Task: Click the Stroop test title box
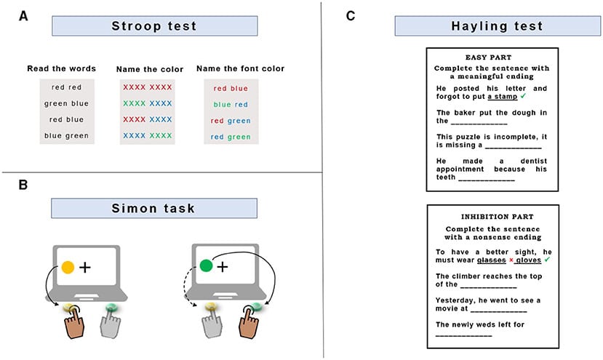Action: click(x=154, y=26)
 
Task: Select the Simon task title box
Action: click(x=154, y=208)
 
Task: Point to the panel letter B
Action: click(x=23, y=185)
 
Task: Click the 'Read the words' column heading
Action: click(x=61, y=68)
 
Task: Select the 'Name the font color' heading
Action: click(x=240, y=68)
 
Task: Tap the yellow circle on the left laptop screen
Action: click(x=68, y=267)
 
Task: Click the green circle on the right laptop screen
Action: click(x=206, y=266)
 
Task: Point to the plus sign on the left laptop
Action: click(x=85, y=267)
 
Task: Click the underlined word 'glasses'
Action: click(x=491, y=260)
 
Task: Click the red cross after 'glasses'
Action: click(x=511, y=260)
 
